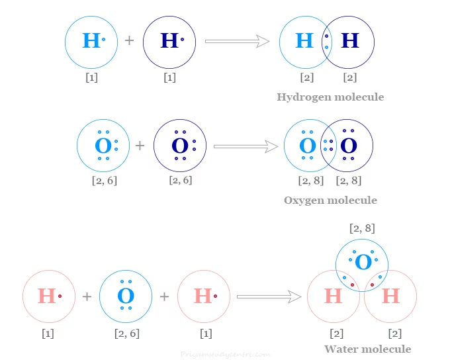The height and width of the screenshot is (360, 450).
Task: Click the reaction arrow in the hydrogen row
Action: point(237,41)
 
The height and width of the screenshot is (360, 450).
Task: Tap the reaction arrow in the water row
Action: point(263,296)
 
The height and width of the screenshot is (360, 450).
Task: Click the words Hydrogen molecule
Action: point(330,97)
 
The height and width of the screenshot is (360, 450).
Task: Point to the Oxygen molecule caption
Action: point(330,201)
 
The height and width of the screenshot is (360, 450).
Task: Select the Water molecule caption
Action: point(367,349)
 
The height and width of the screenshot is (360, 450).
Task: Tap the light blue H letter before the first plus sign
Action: point(91,41)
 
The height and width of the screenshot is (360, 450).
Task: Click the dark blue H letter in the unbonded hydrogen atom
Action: point(169,41)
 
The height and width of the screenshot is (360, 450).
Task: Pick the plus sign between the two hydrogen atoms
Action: point(130,41)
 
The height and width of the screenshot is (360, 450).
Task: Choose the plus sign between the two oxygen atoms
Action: point(140,146)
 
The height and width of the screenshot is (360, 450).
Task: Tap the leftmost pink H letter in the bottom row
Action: point(46,296)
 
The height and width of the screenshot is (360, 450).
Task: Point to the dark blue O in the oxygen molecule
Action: point(348,146)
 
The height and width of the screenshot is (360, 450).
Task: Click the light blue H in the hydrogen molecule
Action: point(304,41)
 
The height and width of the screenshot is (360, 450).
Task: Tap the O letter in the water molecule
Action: point(363,262)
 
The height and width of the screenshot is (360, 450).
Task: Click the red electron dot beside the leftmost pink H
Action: point(60,296)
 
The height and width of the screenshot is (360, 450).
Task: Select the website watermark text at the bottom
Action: point(225,354)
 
